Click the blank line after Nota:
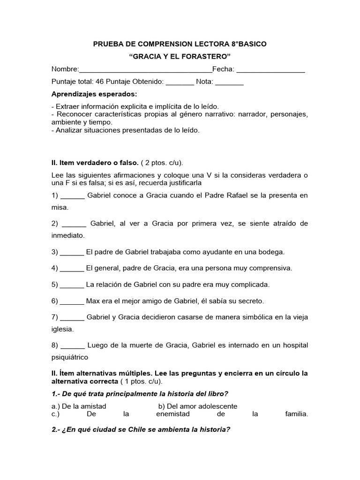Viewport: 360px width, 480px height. click(x=229, y=82)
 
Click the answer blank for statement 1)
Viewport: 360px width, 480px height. click(x=73, y=195)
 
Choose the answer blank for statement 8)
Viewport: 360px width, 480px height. click(x=73, y=345)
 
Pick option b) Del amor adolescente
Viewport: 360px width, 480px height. click(x=197, y=406)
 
